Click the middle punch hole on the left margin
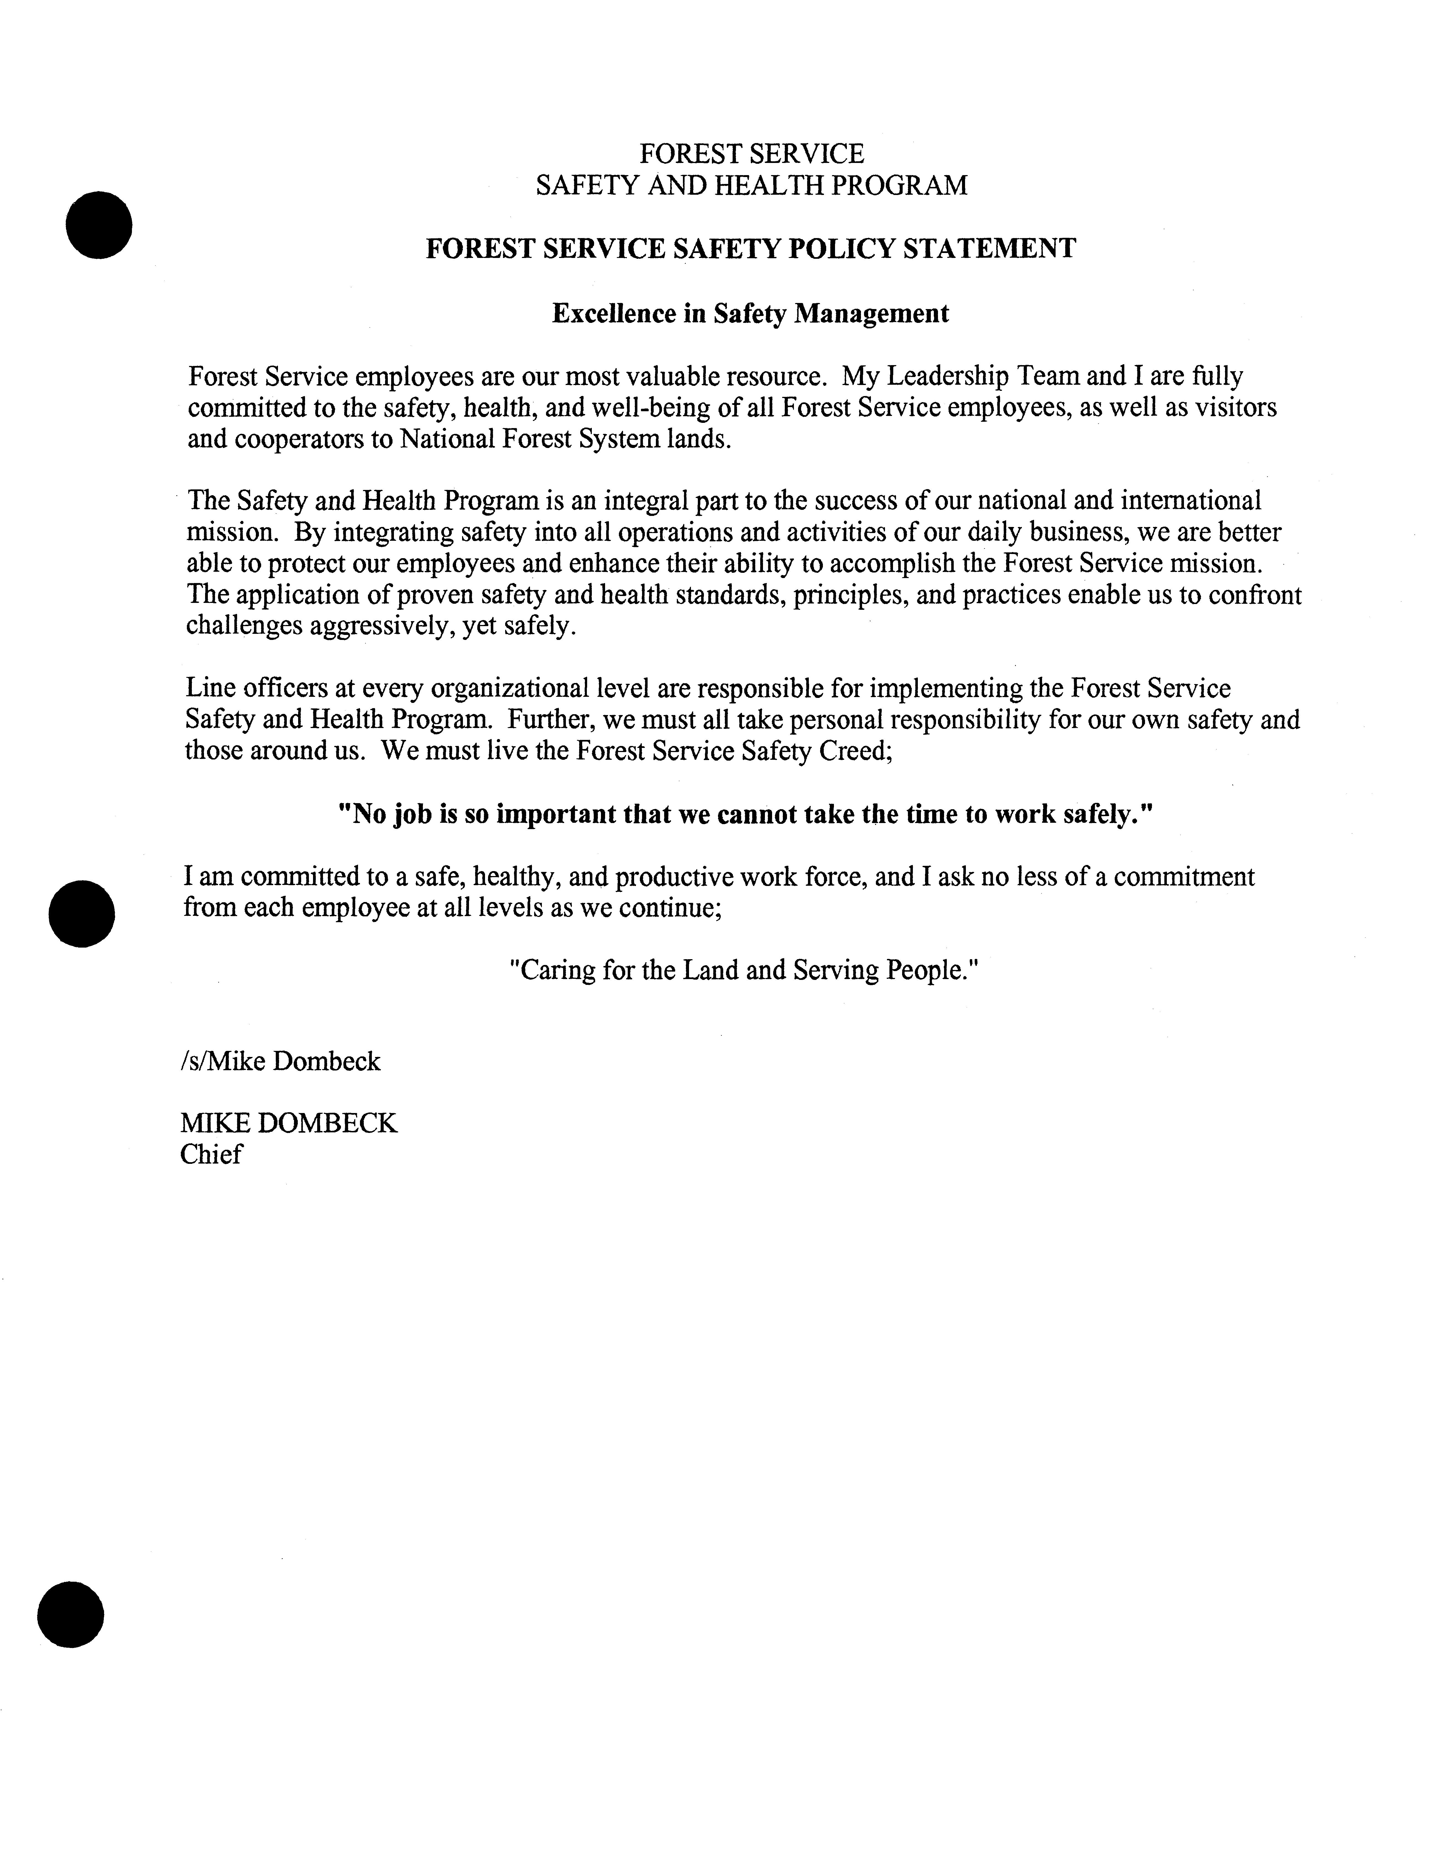(82, 913)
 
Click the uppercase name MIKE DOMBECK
(289, 1123)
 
